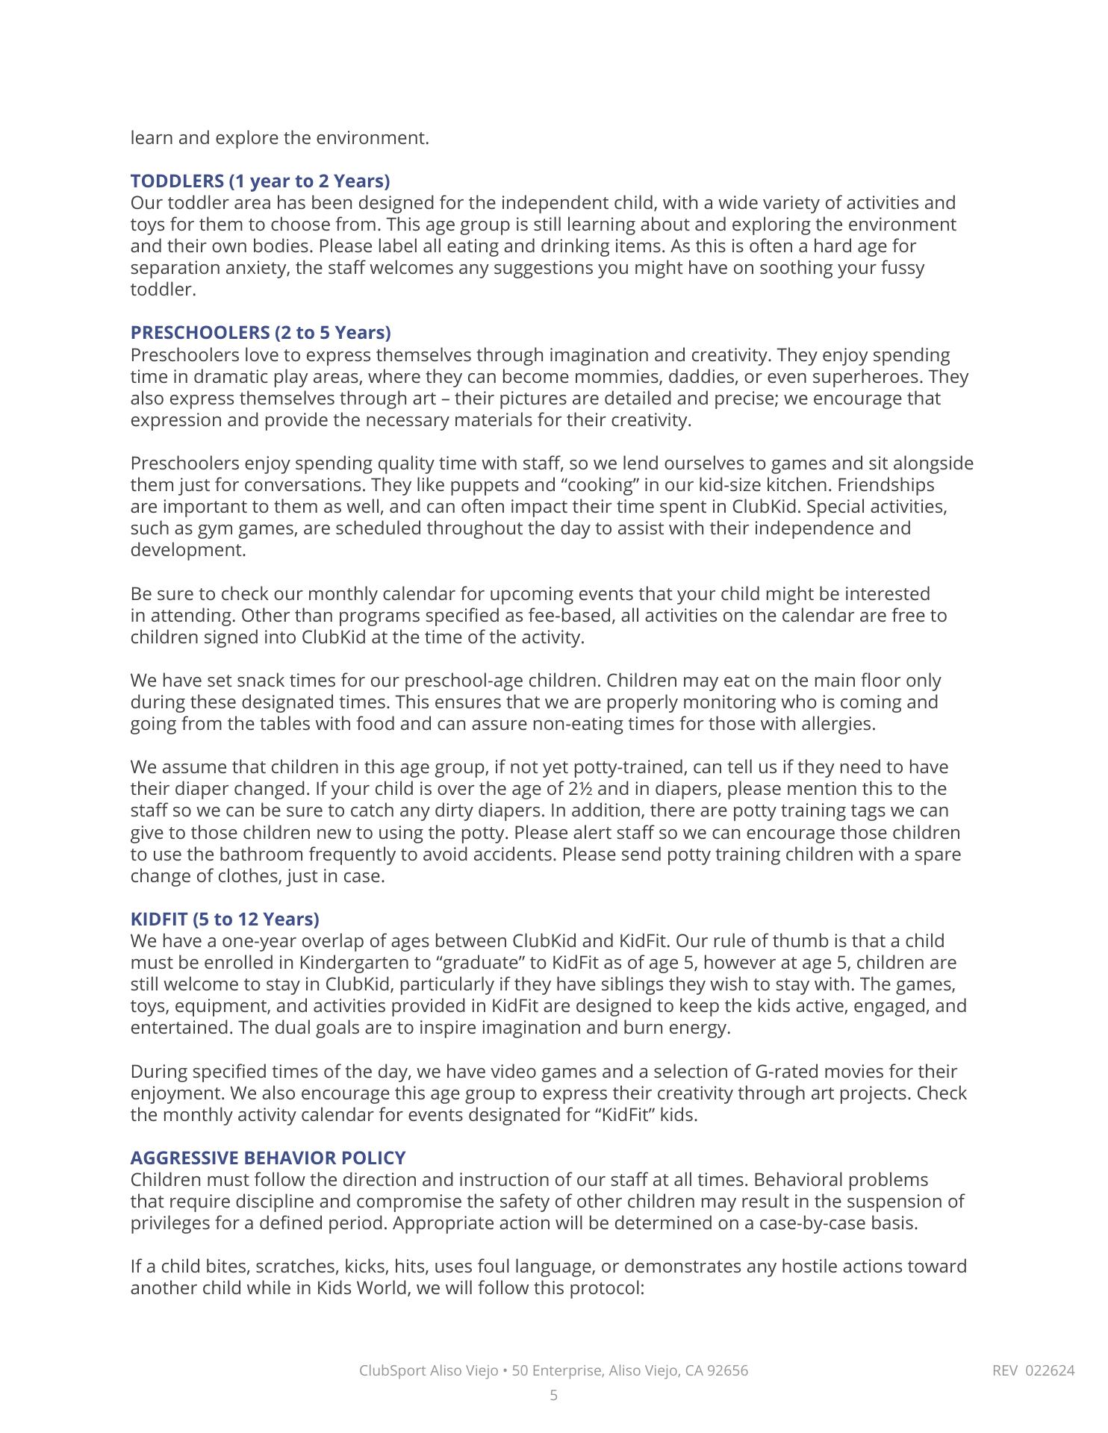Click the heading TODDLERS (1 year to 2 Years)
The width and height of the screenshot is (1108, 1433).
pos(260,181)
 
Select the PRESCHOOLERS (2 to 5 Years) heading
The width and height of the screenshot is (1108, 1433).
pos(261,332)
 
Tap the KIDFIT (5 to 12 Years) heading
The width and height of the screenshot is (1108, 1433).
pos(225,919)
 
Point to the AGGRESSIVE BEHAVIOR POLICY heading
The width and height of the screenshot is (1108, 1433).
pos(268,1158)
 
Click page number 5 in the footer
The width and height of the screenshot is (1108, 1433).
pos(553,1395)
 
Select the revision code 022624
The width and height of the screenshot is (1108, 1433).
pos(1050,1370)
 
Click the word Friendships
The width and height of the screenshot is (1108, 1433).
pos(886,485)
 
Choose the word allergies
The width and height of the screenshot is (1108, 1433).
pos(838,724)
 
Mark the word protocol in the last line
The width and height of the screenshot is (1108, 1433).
pos(606,1288)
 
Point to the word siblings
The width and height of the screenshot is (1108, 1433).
pos(572,984)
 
